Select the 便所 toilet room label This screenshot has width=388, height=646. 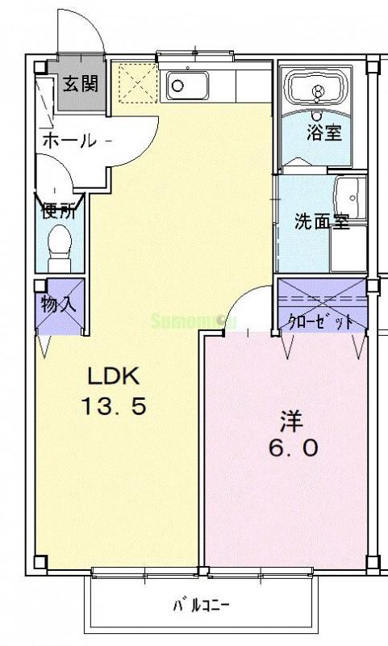tap(59, 212)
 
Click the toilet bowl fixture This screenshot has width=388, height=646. tap(59, 245)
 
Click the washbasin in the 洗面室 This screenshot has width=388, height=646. tap(350, 193)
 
